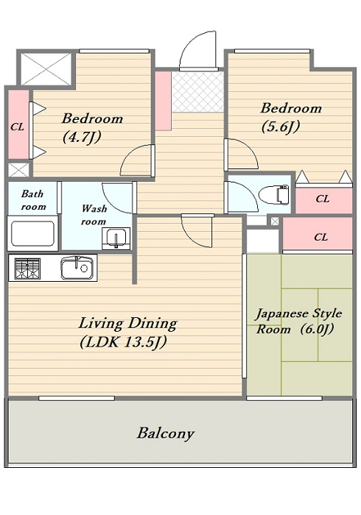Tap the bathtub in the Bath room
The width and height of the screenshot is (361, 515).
click(x=32, y=233)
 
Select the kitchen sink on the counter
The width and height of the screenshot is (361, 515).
click(x=77, y=268)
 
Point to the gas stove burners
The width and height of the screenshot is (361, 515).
click(x=27, y=269)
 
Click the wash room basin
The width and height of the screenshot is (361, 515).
click(x=116, y=238)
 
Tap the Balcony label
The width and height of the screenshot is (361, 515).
click(x=165, y=433)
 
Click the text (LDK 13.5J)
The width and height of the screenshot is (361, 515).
click(x=123, y=342)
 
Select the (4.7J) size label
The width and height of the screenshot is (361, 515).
click(x=82, y=137)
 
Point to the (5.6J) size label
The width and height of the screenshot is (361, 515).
click(x=281, y=127)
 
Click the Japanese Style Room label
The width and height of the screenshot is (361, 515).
click(x=298, y=321)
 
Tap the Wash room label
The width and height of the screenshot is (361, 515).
click(x=94, y=215)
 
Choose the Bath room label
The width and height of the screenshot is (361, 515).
click(x=33, y=200)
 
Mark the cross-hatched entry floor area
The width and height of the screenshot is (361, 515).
click(x=198, y=92)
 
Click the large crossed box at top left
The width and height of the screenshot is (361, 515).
click(x=46, y=68)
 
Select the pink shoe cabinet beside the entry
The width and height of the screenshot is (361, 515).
click(x=163, y=101)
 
